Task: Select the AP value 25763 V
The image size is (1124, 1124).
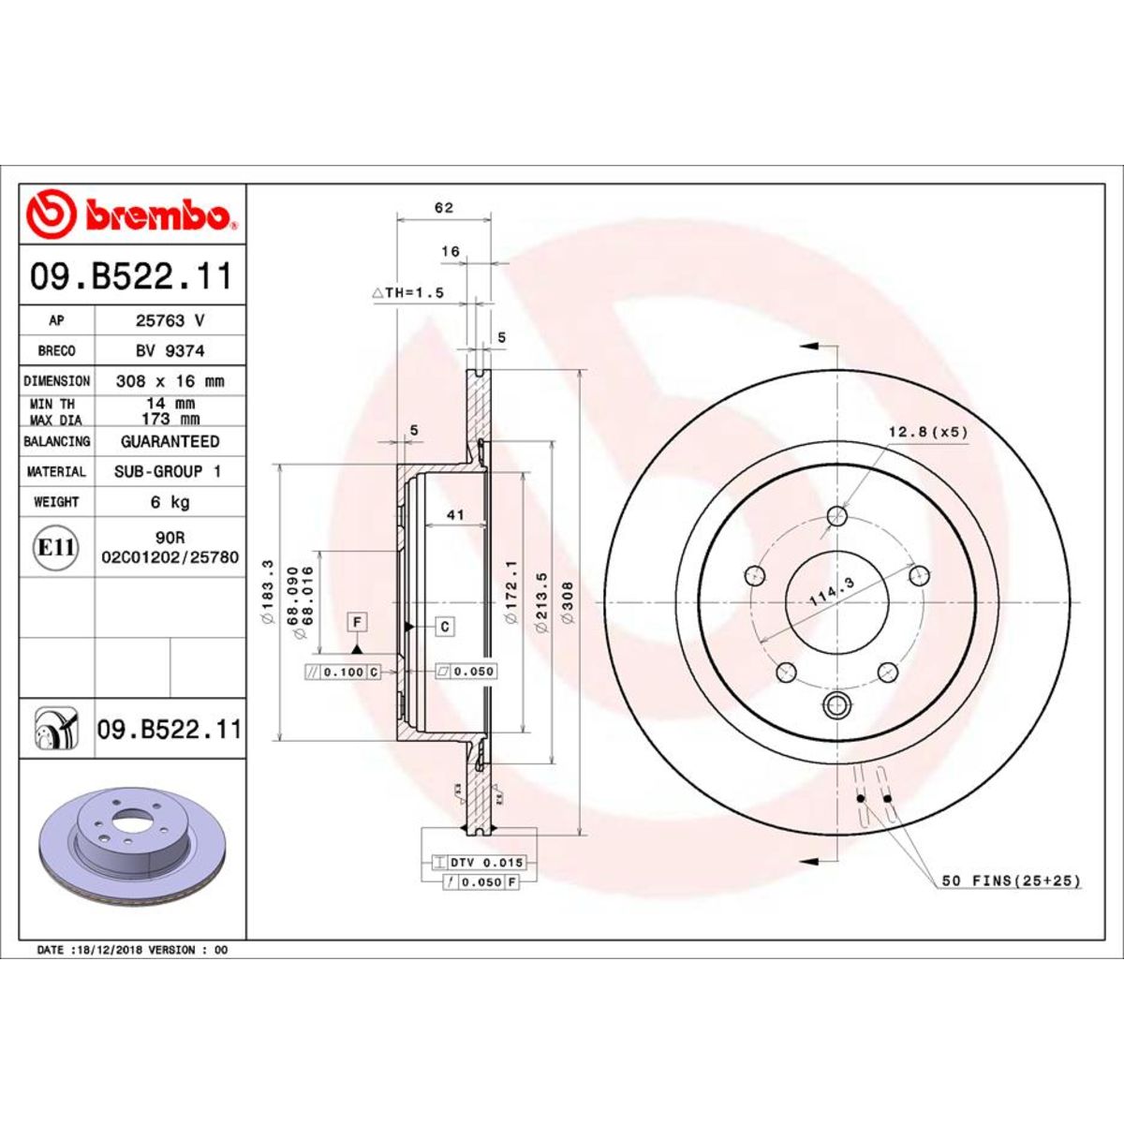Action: (170, 320)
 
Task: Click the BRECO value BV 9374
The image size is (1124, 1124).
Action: (170, 350)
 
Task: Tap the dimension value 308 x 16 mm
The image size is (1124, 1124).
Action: (170, 381)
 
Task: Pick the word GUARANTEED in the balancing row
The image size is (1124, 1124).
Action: (170, 441)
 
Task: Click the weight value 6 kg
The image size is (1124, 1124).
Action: (170, 502)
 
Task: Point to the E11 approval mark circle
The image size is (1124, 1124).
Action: (56, 547)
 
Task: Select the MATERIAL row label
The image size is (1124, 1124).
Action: (56, 472)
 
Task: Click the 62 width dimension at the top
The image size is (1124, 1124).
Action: (444, 208)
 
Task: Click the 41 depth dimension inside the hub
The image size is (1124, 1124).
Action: (455, 515)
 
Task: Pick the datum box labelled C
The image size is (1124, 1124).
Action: (445, 627)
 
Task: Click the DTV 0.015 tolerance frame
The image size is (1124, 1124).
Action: (479, 862)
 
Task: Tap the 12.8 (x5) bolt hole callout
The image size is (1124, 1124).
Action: (926, 432)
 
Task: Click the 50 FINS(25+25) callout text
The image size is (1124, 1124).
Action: (1011, 880)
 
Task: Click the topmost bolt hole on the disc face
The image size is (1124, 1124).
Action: (838, 516)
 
